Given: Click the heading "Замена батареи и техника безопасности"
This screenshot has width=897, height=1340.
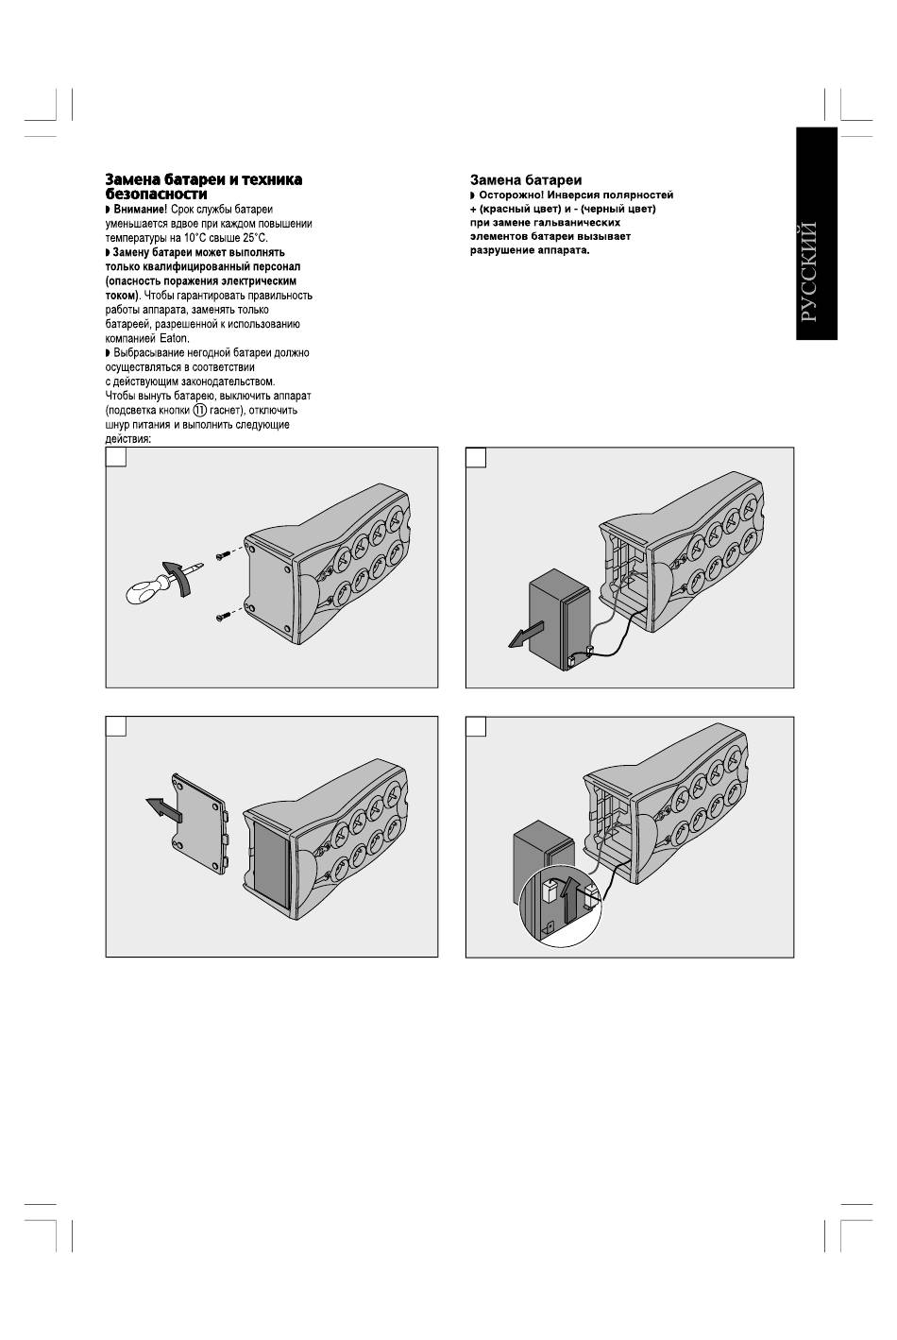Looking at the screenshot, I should click(x=203, y=186).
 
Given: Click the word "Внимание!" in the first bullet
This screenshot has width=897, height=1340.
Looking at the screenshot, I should click(x=140, y=209).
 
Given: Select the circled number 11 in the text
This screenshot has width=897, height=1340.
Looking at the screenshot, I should click(x=199, y=410).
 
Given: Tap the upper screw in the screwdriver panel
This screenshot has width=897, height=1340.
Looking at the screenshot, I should click(x=222, y=555).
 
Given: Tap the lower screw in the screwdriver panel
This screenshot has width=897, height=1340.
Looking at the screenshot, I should click(x=223, y=616).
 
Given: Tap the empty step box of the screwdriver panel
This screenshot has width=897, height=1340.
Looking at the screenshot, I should click(x=115, y=457).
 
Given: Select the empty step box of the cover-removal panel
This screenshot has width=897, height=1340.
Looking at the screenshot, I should click(x=115, y=725).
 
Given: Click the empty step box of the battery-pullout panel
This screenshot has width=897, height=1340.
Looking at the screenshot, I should click(x=476, y=457).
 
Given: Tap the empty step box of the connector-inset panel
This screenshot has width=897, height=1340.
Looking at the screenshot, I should click(x=476, y=725).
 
